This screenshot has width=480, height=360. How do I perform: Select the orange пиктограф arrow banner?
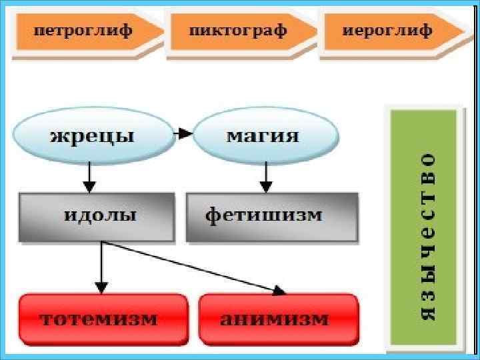(240, 31)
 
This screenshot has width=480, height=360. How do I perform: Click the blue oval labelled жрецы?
(91, 136)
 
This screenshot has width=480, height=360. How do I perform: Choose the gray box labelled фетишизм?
(272, 216)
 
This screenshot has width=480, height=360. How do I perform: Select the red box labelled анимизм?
(279, 318)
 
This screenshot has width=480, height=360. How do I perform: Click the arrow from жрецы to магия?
(183, 134)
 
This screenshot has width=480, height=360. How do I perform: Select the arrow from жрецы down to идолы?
(89, 177)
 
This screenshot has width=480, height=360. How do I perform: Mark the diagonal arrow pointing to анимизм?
(193, 267)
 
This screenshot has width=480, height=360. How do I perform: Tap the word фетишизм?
(264, 216)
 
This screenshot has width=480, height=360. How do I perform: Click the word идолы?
(100, 216)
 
